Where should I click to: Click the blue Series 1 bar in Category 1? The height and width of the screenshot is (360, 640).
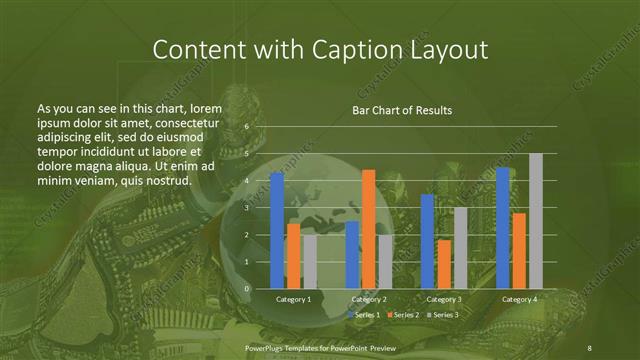tap(277, 230)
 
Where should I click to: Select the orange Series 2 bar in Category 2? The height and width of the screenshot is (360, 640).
tap(368, 229)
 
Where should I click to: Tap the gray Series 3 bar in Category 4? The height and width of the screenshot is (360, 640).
tap(535, 221)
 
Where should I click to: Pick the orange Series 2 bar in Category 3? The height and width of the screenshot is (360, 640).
tap(443, 264)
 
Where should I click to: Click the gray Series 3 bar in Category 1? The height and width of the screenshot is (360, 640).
tap(309, 261)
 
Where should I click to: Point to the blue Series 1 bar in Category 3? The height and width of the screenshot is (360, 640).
tap(427, 241)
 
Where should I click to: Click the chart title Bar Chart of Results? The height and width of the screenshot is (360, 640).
tap(402, 110)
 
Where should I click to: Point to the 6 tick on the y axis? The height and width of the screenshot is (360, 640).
tap(246, 127)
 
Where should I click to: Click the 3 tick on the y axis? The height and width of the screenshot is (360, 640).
tap(246, 208)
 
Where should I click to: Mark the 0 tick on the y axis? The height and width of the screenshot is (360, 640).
tap(246, 288)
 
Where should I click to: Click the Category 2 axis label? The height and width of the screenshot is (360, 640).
tap(368, 299)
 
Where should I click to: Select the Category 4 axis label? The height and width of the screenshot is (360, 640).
tap(519, 299)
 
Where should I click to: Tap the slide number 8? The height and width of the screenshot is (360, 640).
tap(588, 346)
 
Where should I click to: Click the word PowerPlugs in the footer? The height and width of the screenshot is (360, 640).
tap(268, 346)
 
